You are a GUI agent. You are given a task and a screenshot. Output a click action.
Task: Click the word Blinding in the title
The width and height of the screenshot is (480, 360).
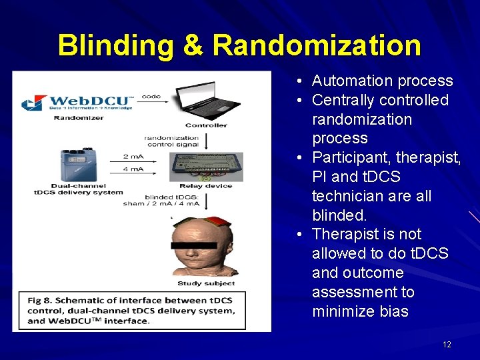click(x=116, y=45)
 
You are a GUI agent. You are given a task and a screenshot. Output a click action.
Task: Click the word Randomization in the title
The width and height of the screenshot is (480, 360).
click(x=317, y=45)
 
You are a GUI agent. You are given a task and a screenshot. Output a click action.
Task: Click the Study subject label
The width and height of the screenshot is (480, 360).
click(x=206, y=283)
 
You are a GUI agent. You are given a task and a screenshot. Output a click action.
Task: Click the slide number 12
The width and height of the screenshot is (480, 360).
click(x=447, y=344)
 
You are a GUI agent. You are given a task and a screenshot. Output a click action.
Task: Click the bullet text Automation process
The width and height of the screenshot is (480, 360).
click(x=382, y=81)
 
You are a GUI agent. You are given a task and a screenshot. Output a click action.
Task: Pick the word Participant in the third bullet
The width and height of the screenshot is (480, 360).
click(x=351, y=158)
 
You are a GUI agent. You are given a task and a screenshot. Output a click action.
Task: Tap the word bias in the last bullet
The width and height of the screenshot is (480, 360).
click(x=393, y=311)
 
